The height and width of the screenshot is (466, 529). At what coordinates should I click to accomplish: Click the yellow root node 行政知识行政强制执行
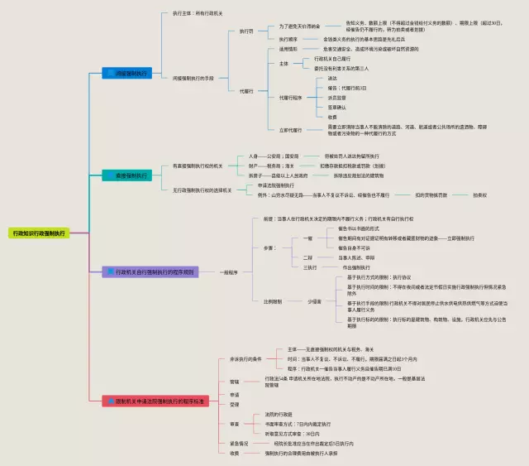click(x=38, y=233)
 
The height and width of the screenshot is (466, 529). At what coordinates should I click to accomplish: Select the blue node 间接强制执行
click(x=126, y=74)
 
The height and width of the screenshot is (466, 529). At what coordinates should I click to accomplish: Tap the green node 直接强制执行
click(x=126, y=175)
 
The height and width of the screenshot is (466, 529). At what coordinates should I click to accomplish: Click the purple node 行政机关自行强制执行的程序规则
click(x=150, y=271)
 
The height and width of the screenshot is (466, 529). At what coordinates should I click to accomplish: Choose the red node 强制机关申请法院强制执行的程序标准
click(x=155, y=401)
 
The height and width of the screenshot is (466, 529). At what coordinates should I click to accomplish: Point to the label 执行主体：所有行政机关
click(x=195, y=12)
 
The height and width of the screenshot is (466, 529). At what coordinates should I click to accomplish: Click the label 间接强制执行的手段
click(x=193, y=78)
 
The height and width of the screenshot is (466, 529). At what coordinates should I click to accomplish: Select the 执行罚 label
click(x=246, y=31)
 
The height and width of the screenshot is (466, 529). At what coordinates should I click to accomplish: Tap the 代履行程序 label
click(x=292, y=98)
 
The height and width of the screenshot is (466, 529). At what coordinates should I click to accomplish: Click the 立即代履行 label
click(x=290, y=130)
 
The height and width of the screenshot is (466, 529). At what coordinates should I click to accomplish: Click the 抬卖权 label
click(x=480, y=195)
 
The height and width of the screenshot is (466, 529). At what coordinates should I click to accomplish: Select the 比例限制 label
click(x=273, y=301)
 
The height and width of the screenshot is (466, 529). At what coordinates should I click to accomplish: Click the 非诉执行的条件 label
click(x=245, y=359)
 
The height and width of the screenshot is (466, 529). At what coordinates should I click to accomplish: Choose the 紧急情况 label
click(x=240, y=444)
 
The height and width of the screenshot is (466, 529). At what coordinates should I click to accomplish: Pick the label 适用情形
click(x=288, y=50)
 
